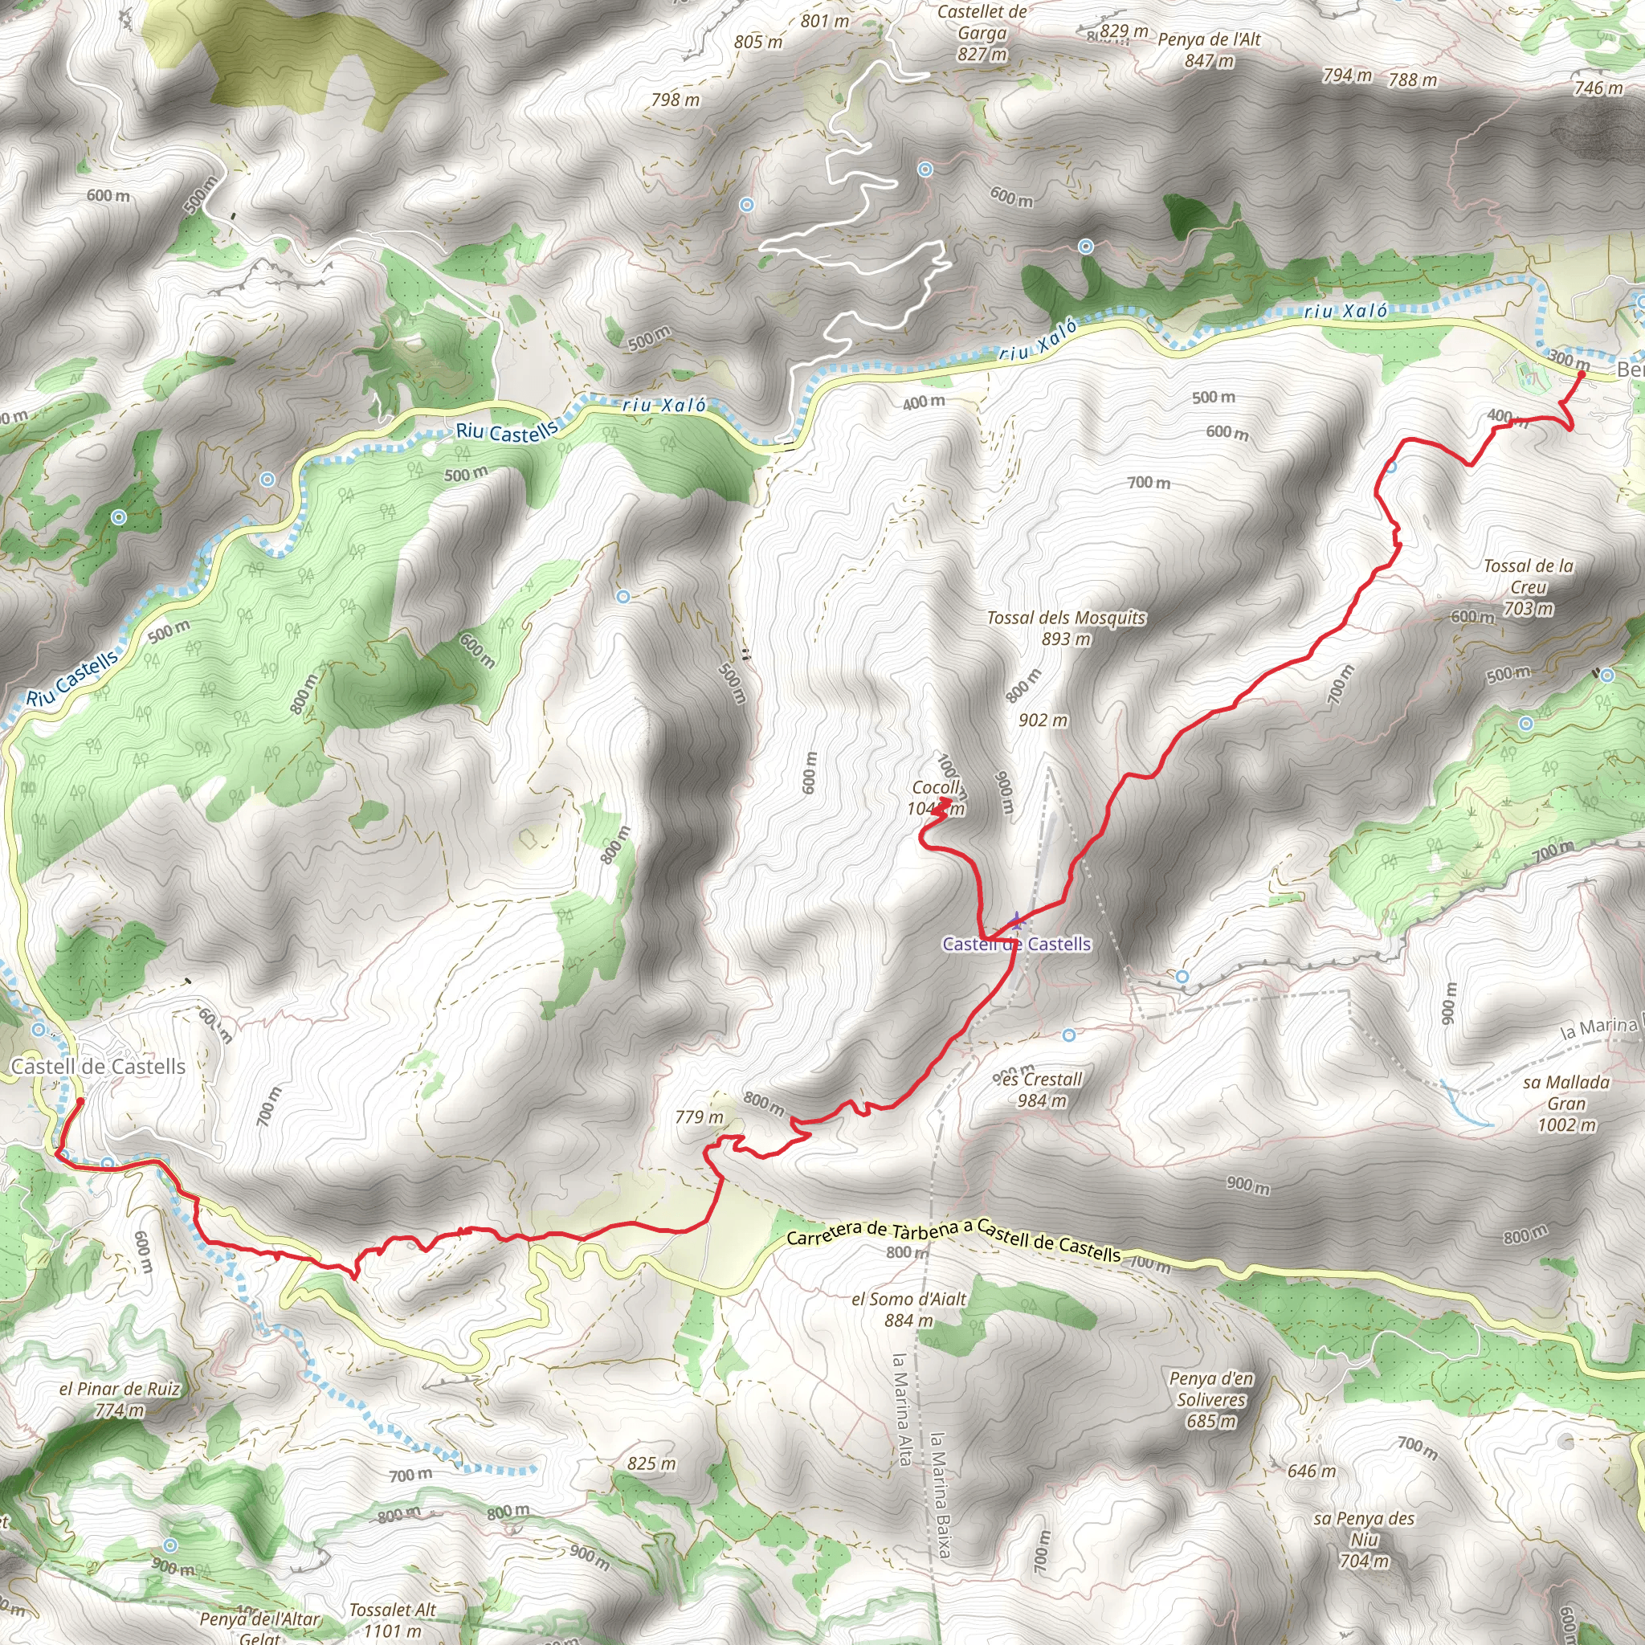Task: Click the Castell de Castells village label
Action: tap(98, 1066)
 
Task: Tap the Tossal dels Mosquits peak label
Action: tap(1066, 627)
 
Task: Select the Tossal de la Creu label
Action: tap(1529, 586)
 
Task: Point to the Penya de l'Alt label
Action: tap(1209, 49)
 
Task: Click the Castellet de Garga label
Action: tap(982, 33)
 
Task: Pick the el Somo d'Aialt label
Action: tap(908, 1309)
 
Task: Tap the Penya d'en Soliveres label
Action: tap(1211, 1400)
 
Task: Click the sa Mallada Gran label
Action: tap(1566, 1104)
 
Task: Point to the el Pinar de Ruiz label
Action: tap(120, 1399)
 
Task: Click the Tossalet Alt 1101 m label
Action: tap(393, 1620)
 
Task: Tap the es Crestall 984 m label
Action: tap(1041, 1090)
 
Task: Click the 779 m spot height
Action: tap(699, 1116)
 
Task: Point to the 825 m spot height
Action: tap(651, 1463)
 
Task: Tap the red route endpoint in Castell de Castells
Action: tap(80, 1101)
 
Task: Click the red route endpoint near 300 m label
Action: tap(1581, 373)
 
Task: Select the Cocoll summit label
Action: tap(936, 789)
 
